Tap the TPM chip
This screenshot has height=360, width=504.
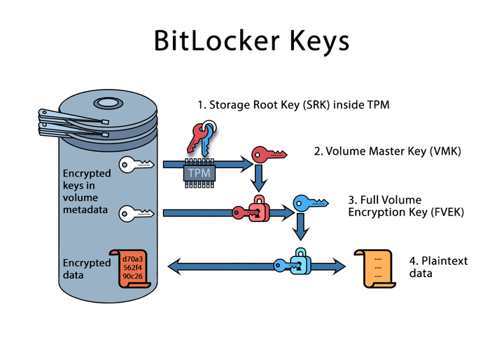[200, 171]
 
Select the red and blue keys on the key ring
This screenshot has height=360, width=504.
[200, 139]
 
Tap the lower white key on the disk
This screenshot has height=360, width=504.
[136, 212]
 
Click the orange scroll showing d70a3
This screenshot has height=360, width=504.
[132, 268]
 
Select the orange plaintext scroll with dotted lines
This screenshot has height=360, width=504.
[372, 268]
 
